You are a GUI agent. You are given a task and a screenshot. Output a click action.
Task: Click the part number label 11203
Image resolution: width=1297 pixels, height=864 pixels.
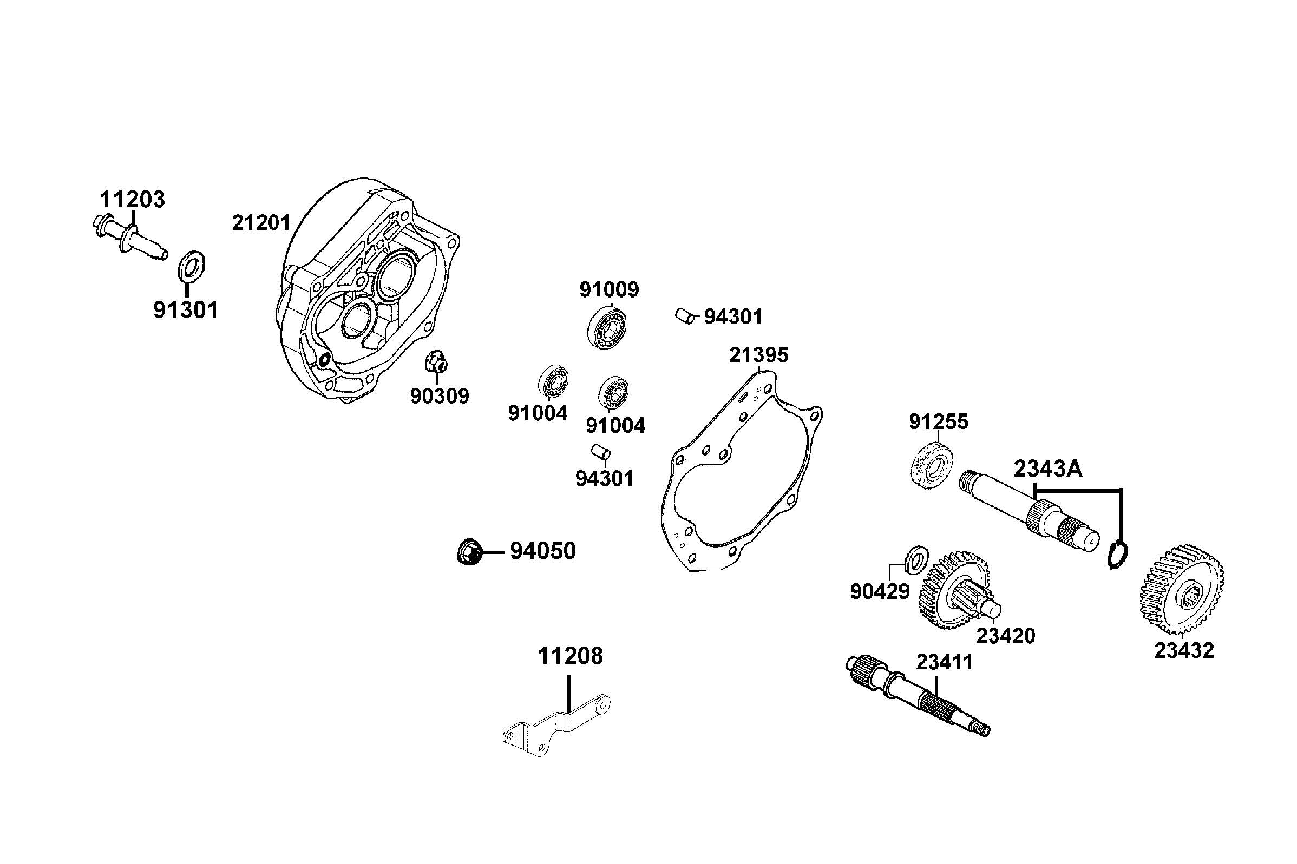(132, 200)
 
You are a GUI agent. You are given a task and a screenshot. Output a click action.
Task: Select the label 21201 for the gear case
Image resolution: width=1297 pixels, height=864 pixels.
(261, 222)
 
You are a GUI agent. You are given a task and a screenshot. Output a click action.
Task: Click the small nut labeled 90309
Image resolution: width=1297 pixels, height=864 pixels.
(435, 362)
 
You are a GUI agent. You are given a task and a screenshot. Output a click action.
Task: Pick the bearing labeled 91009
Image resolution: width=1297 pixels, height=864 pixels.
(608, 329)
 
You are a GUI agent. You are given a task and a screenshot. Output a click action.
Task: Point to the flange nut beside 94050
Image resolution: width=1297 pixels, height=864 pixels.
(469, 551)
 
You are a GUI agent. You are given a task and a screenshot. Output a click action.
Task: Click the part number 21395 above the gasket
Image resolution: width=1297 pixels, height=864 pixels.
(758, 355)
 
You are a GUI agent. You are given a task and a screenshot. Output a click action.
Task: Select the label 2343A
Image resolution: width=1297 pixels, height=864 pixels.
(1048, 469)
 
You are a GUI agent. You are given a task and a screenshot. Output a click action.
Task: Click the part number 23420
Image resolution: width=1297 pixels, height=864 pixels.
(1005, 636)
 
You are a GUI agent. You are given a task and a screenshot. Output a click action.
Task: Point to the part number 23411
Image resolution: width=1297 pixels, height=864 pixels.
(944, 662)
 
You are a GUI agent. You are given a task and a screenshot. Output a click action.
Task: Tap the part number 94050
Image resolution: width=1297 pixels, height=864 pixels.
(542, 551)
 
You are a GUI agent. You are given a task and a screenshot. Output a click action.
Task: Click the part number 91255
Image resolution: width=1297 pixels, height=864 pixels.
(938, 421)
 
